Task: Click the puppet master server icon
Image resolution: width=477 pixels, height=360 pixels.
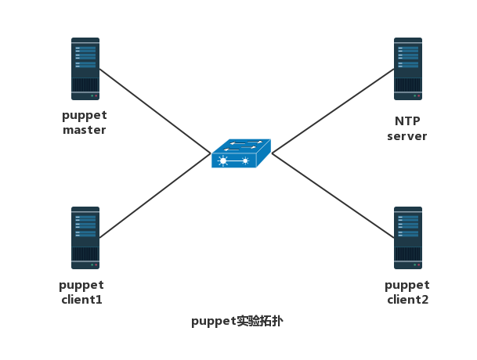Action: [85, 69]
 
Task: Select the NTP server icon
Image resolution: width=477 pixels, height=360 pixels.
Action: [408, 69]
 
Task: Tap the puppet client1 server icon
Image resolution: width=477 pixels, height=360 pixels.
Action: [85, 238]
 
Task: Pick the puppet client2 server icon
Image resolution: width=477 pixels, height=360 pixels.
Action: [408, 238]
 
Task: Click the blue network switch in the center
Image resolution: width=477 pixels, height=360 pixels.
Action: [241, 153]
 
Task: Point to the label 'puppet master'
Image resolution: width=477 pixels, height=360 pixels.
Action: [85, 123]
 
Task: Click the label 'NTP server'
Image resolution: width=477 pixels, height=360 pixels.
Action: [407, 129]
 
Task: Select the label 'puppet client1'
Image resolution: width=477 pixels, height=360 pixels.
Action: [81, 292]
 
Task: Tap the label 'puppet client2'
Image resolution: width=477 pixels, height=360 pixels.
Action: [407, 292]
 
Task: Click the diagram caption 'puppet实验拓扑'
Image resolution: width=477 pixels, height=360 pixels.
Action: [233, 322]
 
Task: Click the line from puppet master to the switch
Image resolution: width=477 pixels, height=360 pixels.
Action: [153, 109]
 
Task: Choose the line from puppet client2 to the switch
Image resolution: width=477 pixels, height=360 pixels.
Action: [333, 196]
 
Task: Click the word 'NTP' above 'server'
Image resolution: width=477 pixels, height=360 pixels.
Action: [407, 122]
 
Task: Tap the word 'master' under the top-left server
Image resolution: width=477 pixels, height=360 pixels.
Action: [85, 130]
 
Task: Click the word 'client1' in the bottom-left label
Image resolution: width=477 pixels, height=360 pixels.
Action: [81, 299]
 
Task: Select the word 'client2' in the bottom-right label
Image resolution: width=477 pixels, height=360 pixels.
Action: [407, 299]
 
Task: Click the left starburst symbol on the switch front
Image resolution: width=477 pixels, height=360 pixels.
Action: [225, 161]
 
